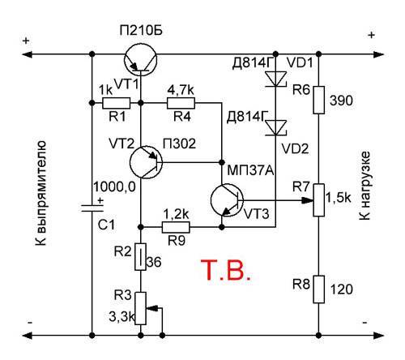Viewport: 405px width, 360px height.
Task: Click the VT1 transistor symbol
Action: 141,59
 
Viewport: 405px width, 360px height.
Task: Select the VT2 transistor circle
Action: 146,162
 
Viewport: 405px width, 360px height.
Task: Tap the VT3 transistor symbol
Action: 227,200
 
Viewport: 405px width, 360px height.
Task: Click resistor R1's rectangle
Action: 117,103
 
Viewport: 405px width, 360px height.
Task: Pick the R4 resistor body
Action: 181,103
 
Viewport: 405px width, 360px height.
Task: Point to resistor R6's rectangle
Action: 319,100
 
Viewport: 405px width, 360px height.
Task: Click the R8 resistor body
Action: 319,289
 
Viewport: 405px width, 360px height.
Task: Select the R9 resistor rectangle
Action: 176,227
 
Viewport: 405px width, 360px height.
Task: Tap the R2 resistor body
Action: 141,257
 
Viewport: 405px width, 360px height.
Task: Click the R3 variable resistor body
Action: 141,308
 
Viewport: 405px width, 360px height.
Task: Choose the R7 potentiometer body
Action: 319,200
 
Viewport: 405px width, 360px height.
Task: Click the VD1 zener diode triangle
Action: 275,79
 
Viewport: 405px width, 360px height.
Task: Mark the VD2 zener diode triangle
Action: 275,127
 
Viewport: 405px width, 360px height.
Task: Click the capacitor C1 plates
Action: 92,208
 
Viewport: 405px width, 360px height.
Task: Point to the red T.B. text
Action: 226,270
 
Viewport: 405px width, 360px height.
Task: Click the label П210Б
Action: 141,31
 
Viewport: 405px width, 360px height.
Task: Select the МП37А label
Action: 250,170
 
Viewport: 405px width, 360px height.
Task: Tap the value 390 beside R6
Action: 341,101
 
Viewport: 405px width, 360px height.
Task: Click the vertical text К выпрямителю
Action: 41,193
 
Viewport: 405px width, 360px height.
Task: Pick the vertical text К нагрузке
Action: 364,186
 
